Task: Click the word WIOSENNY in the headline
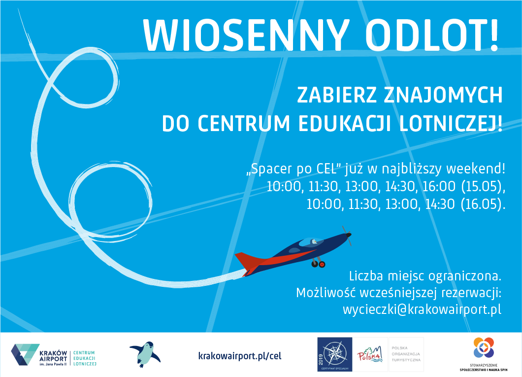[x=246, y=35]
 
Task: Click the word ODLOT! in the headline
[x=432, y=35]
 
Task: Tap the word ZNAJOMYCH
[x=443, y=95]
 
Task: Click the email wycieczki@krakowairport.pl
[x=422, y=309]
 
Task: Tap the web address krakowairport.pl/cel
[x=240, y=356]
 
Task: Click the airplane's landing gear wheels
[x=318, y=264]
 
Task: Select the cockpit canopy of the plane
[x=311, y=242]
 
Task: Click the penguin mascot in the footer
[x=145, y=354]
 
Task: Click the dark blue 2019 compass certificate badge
[x=334, y=354]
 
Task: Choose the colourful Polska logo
[x=370, y=354]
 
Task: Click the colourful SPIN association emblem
[x=484, y=347]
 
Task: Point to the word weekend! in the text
[x=476, y=169]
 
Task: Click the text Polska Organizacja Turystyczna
[x=406, y=354]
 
